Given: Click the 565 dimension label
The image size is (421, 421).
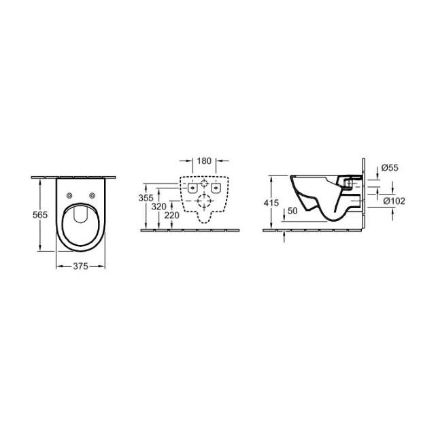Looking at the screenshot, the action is tap(40, 215).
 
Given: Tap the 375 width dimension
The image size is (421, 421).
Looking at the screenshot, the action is tap(80, 266).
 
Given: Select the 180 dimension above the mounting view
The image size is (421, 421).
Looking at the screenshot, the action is tap(204, 161).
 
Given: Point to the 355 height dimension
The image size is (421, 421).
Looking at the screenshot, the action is tap(146, 198).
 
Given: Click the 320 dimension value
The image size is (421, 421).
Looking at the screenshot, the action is tap(158, 207).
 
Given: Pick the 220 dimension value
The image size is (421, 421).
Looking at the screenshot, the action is tap(171, 215).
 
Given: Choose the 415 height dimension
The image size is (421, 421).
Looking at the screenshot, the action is tap(271, 203).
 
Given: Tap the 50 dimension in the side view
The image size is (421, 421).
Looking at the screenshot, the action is tap(292, 211).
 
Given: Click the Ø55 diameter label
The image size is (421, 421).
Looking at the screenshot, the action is tap(390, 168).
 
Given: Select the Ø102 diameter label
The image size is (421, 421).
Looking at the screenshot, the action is tap(394, 201).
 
